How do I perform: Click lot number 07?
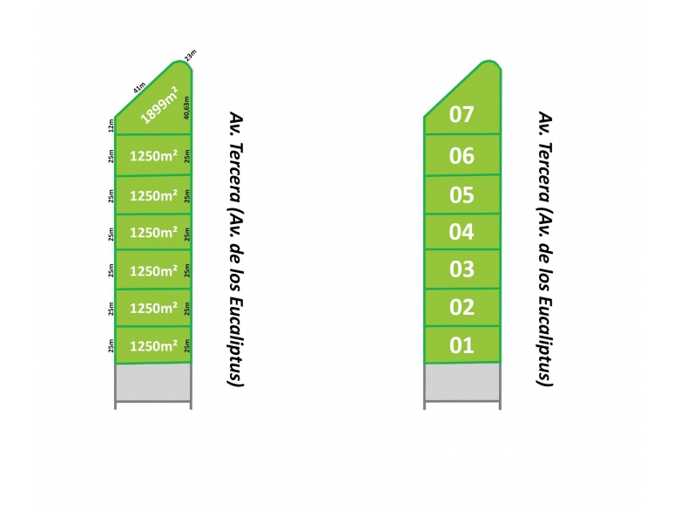point(462,114)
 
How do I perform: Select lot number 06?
point(462,156)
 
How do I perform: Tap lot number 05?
point(462,194)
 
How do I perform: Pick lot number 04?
point(462,232)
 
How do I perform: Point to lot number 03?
point(462,269)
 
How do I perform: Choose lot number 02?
point(462,307)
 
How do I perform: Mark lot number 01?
point(462,345)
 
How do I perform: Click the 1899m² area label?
point(159,106)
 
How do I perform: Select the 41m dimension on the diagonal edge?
point(139,88)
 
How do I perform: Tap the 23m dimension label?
point(191,55)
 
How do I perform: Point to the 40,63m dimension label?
point(186,108)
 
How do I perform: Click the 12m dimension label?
point(111,126)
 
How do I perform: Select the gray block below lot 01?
point(462,382)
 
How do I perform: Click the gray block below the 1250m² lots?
point(153,382)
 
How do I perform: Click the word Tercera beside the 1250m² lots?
point(236,173)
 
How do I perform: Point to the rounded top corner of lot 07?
point(491,61)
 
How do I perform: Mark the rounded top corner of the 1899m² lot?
point(181,61)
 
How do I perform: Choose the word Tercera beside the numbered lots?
point(544,173)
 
